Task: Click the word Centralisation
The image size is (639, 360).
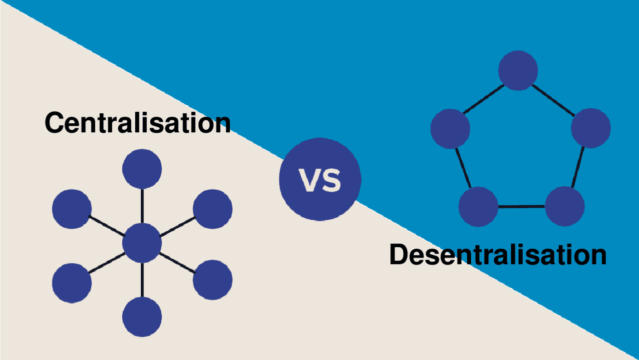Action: pyautogui.click(x=138, y=122)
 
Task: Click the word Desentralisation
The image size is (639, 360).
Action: pyautogui.click(x=498, y=255)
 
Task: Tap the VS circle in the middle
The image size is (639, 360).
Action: pyautogui.click(x=320, y=180)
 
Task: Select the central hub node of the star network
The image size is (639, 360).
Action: pyautogui.click(x=142, y=243)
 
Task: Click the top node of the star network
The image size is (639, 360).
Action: pyautogui.click(x=142, y=169)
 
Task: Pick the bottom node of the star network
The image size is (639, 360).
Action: pyautogui.click(x=142, y=317)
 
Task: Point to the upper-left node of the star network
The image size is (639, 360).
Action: pyautogui.click(x=72, y=209)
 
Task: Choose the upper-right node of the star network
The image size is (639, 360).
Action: pyautogui.click(x=213, y=209)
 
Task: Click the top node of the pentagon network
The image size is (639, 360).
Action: pyautogui.click(x=518, y=70)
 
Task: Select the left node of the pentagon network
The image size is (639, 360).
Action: pyautogui.click(x=450, y=128)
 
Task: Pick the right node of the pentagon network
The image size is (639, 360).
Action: pyautogui.click(x=591, y=128)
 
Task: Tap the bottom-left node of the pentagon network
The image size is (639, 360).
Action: pyautogui.click(x=478, y=206)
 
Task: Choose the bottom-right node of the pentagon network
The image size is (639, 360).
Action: pyautogui.click(x=565, y=206)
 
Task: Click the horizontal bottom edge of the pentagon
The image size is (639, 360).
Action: pyautogui.click(x=521, y=206)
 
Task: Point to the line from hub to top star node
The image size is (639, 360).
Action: pyautogui.click(x=142, y=206)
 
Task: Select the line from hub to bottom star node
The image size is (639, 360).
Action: pyautogui.click(x=142, y=280)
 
